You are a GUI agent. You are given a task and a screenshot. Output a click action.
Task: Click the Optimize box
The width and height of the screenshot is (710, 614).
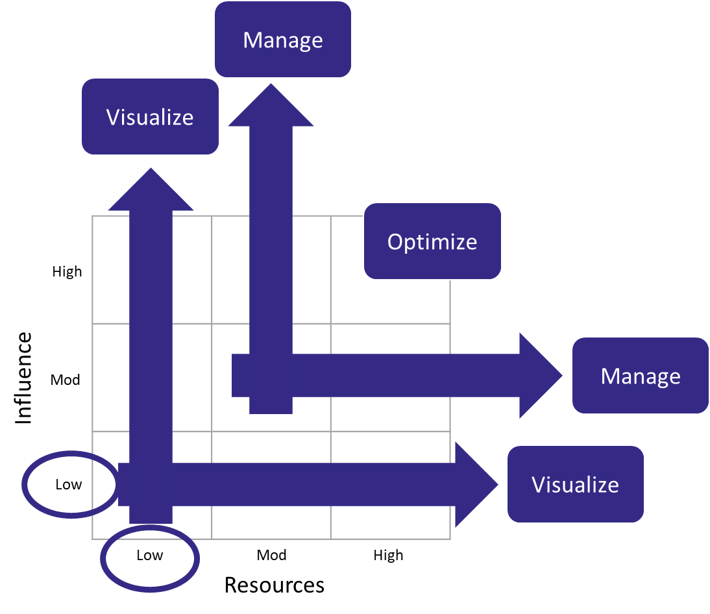click(x=432, y=241)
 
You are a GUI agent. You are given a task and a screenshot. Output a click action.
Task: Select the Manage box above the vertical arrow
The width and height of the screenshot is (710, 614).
click(x=283, y=40)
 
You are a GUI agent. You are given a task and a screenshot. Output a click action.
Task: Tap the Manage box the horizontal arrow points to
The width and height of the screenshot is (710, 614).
click(x=640, y=376)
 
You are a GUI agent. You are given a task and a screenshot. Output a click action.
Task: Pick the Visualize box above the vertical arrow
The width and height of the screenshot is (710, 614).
click(x=150, y=117)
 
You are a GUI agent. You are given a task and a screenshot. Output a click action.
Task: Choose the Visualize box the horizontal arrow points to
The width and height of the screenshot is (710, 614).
click(x=575, y=485)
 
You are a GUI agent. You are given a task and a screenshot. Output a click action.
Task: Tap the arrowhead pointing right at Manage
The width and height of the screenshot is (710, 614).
click(x=538, y=375)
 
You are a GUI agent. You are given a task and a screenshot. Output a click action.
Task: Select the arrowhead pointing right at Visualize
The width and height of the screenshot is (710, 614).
click(x=474, y=484)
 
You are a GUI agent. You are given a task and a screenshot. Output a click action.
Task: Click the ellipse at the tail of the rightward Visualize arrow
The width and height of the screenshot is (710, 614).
click(x=70, y=484)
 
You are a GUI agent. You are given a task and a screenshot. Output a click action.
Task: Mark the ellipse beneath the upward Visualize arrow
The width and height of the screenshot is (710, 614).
click(x=150, y=559)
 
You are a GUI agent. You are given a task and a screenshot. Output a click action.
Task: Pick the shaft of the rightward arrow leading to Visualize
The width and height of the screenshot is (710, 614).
click(x=312, y=484)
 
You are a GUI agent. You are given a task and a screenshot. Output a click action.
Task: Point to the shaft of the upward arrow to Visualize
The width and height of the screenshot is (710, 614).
click(x=151, y=325)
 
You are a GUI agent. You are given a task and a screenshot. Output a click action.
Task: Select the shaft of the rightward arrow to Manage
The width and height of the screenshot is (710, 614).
click(x=402, y=375)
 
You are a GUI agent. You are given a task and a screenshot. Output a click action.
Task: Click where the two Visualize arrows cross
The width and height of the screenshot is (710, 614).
click(x=151, y=484)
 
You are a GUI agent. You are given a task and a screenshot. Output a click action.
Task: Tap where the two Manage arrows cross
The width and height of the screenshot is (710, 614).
click(x=271, y=375)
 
